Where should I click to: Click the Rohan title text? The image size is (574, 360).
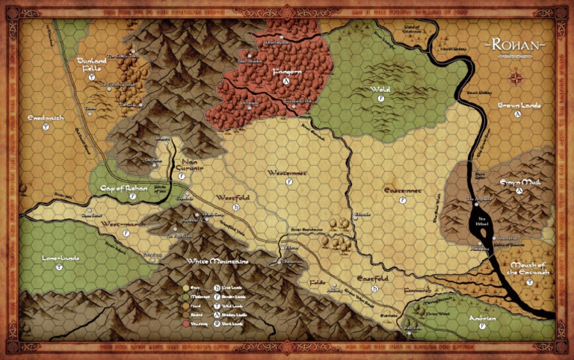(516, 45)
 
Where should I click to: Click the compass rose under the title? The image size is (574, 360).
(516, 77)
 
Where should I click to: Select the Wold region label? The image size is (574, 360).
(380, 90)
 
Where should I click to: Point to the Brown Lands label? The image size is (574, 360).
(519, 106)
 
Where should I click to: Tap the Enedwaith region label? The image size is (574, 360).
(46, 118)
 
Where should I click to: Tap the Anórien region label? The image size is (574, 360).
(482, 317)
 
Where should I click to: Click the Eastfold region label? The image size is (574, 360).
(371, 279)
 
